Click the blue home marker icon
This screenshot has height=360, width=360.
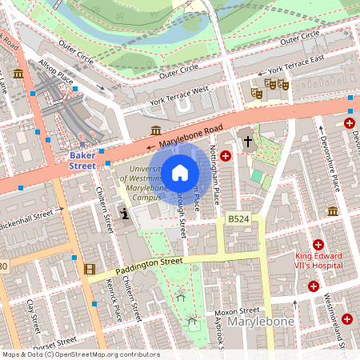pos(180,173)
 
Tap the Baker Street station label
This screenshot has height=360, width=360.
pos(82,159)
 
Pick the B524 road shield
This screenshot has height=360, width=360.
pos(237,218)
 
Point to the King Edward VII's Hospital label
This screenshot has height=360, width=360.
pos(318,260)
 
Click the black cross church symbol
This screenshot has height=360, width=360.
pos(248,142)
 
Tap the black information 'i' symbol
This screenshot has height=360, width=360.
pos(124,214)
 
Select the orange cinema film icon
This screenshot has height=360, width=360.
pos(89,269)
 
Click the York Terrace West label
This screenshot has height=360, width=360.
pos(179,95)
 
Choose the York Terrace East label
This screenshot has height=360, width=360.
pos(296,70)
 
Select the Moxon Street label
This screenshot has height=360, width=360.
pos(238,310)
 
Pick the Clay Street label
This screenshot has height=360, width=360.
pos(32,316)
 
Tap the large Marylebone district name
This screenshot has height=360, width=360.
pos(261,322)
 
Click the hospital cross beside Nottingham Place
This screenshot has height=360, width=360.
pos(226,156)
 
